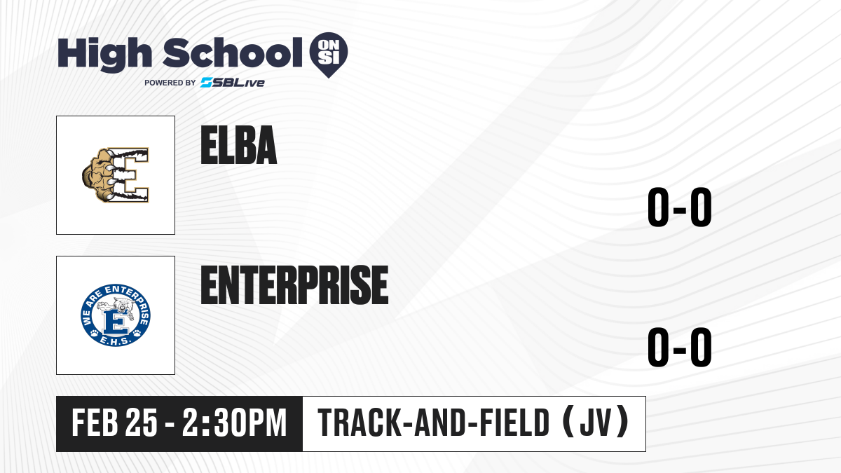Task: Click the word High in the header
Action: pyautogui.click(x=105, y=55)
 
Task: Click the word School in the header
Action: pyautogui.click(x=233, y=53)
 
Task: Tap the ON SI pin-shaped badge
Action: pyautogui.click(x=329, y=55)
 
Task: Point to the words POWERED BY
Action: pyautogui.click(x=170, y=83)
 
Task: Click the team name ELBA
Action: pyautogui.click(x=239, y=145)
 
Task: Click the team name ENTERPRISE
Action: pyautogui.click(x=295, y=285)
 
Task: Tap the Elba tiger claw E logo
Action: pyautogui.click(x=116, y=175)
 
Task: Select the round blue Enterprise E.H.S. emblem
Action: pyautogui.click(x=116, y=315)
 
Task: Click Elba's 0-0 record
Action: pyautogui.click(x=680, y=207)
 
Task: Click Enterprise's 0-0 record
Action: pyautogui.click(x=680, y=347)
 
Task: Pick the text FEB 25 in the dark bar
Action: pyautogui.click(x=114, y=423)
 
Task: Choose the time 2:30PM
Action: pyautogui.click(x=235, y=423)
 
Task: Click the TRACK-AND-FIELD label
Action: pyautogui.click(x=434, y=423)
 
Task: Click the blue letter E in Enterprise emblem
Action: pyautogui.click(x=116, y=322)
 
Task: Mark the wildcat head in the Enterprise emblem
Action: pyautogui.click(x=122, y=306)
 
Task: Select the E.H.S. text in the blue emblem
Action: pyautogui.click(x=116, y=341)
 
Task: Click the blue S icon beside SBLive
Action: pyautogui.click(x=206, y=83)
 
